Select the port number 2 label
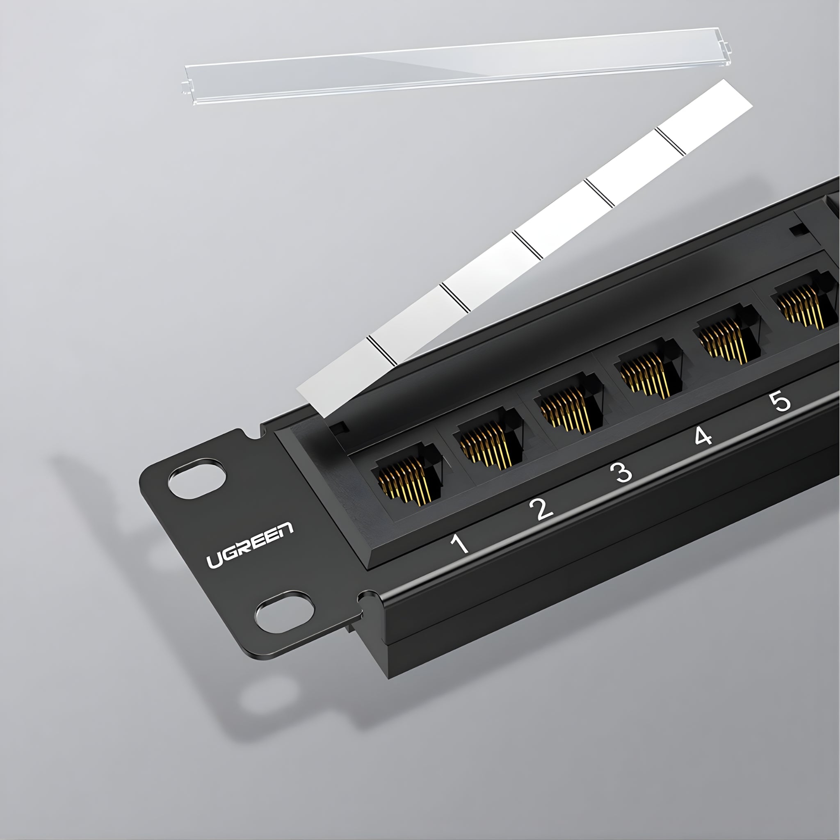click(x=542, y=508)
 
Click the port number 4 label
click(x=703, y=436)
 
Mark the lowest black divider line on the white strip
click(x=382, y=350)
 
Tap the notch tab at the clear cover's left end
click(x=186, y=87)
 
